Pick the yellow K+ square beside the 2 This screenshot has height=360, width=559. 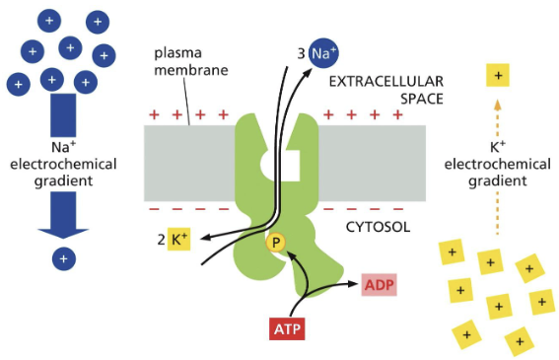[x=177, y=240]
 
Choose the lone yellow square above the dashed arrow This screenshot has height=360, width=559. [x=499, y=75]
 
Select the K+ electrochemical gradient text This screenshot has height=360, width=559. [x=498, y=166]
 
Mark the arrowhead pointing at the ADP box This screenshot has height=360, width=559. [x=354, y=284]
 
